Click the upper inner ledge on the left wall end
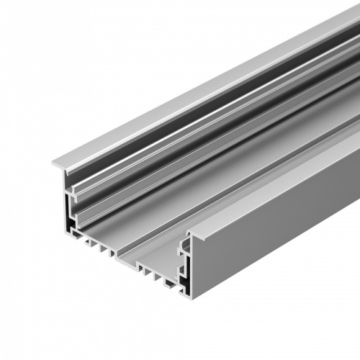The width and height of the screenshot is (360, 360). (76, 193)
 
